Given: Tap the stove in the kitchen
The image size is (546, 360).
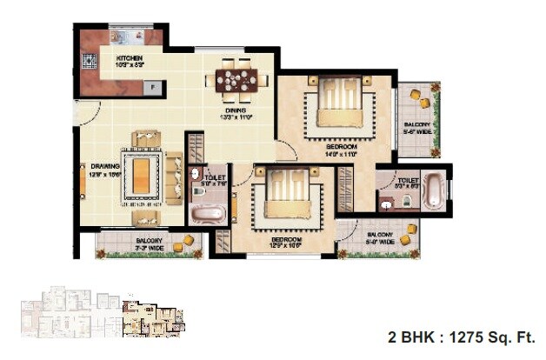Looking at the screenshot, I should (88, 62).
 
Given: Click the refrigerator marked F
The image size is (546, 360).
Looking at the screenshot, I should (154, 87).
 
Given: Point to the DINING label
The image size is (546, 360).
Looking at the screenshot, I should (236, 111).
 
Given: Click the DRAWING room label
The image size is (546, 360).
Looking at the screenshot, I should (105, 166).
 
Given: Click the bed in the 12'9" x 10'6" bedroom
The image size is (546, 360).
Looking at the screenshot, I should (283, 197).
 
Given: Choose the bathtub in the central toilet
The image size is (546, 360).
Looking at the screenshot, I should (206, 214).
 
